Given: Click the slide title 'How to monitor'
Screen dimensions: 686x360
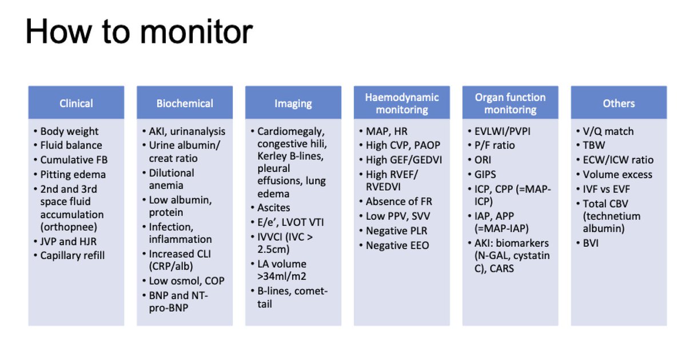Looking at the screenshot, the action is click(139, 32).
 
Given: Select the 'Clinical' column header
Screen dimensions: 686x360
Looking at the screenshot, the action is click(76, 103).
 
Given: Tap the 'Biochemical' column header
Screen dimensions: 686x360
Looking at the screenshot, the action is click(185, 103).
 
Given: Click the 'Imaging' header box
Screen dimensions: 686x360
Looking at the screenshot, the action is click(293, 103).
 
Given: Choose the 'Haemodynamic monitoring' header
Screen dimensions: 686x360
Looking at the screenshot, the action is click(402, 103).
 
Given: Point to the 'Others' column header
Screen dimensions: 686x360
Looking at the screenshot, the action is click(619, 103).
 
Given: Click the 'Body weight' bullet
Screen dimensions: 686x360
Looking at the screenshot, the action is click(69, 131).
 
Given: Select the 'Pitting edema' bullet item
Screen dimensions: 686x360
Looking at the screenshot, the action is click(73, 174).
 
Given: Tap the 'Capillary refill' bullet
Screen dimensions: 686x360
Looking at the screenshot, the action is click(72, 255).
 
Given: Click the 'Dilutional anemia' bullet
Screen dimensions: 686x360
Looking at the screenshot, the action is click(171, 179).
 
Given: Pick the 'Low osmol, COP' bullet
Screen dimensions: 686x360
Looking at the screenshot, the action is click(186, 281).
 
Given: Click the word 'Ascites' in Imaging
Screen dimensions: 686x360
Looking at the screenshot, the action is click(273, 208).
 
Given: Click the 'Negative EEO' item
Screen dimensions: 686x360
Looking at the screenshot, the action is click(397, 245).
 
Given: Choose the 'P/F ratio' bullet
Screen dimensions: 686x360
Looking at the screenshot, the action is click(495, 146).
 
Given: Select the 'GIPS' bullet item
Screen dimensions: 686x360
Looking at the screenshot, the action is click(485, 174).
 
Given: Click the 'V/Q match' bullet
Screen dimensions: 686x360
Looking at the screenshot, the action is click(608, 131).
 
